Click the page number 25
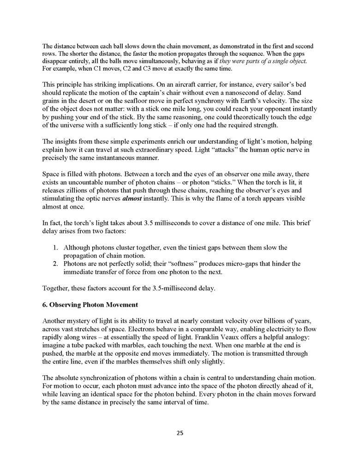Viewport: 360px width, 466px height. point(180,433)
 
